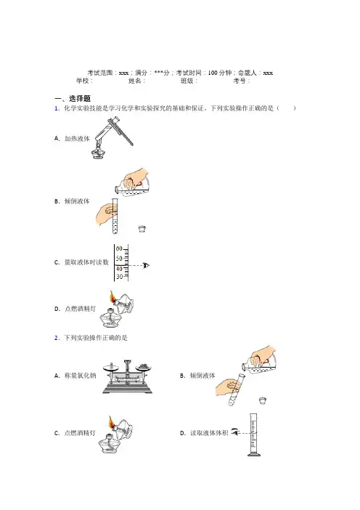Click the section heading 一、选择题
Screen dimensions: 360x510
click(x=72, y=98)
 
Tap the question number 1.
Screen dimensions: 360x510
click(x=57, y=109)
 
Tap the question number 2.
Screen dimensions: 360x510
click(x=57, y=338)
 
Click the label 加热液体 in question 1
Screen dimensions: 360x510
click(x=77, y=139)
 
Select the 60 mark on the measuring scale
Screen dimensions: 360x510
click(x=119, y=248)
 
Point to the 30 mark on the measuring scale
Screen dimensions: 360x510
click(x=119, y=277)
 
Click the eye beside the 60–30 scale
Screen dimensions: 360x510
click(x=146, y=265)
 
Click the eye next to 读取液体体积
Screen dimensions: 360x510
click(x=235, y=432)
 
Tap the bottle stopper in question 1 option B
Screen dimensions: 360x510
click(x=142, y=229)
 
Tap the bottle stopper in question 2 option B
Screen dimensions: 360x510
click(x=263, y=400)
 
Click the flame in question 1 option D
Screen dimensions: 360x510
click(x=112, y=296)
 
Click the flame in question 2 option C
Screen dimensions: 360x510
click(x=112, y=422)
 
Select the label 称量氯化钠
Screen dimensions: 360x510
click(x=81, y=376)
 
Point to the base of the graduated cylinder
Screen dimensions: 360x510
click(x=254, y=454)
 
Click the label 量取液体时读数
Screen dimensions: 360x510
click(x=86, y=262)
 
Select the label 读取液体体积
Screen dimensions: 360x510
click(x=209, y=433)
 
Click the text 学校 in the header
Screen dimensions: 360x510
click(x=82, y=81)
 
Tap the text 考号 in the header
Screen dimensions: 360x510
click(x=239, y=81)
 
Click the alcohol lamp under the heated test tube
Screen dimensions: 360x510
click(x=99, y=152)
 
